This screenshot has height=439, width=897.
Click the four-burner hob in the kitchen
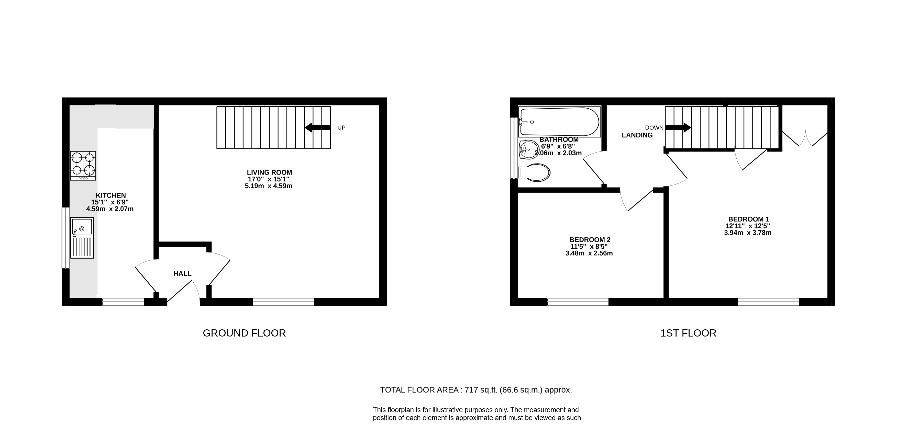click(x=83, y=166)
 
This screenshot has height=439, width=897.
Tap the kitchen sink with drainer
click(x=82, y=238)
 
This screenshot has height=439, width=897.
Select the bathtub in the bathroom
click(x=559, y=122)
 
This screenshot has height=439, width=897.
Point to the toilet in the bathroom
click(x=535, y=172)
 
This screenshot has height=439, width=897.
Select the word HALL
click(x=182, y=274)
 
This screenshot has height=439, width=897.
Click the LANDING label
click(x=637, y=135)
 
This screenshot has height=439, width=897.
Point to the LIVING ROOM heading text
click(x=269, y=172)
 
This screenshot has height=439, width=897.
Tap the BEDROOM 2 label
click(x=590, y=240)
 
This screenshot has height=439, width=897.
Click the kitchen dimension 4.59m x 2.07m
click(x=110, y=209)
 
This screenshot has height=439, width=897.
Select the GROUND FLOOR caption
click(x=244, y=333)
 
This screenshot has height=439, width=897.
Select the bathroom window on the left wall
click(x=514, y=148)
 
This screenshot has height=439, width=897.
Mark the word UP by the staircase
click(x=341, y=128)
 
